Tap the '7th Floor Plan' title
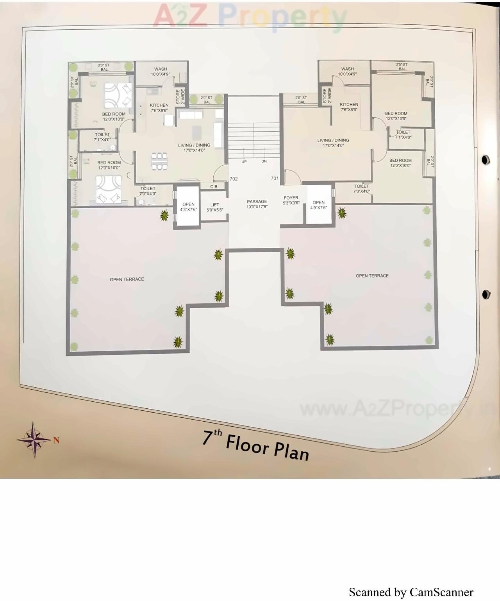[255, 445]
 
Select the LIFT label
[214, 207]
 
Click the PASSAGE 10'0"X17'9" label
[257, 204]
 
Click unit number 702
[234, 179]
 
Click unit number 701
[275, 178]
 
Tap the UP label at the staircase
[244, 161]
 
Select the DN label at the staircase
[264, 161]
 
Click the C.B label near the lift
[214, 187]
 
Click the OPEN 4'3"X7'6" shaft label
[188, 207]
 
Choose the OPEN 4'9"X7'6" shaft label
[318, 205]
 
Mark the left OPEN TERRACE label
[127, 279]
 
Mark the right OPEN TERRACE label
[372, 275]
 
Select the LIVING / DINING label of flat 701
[333, 143]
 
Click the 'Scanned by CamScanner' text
[411, 592]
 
